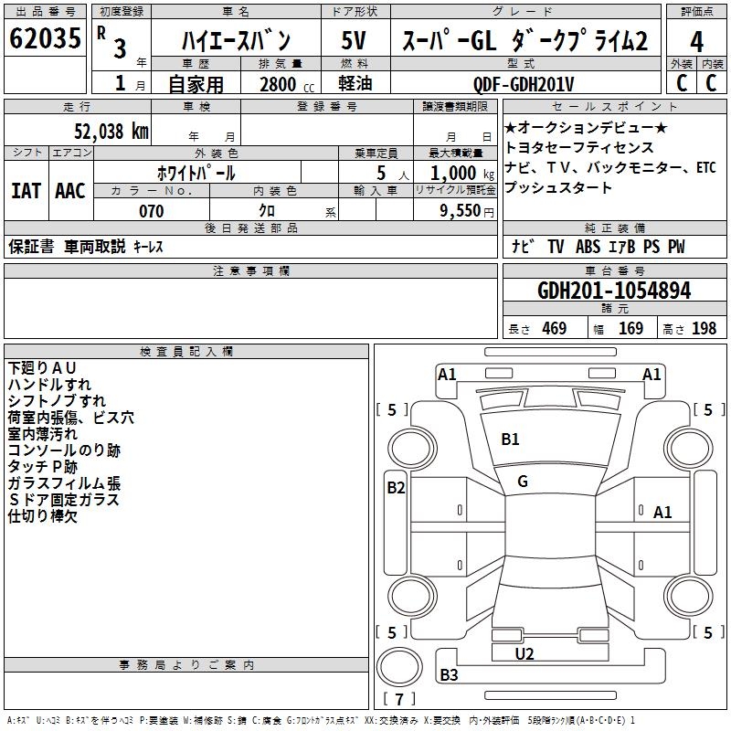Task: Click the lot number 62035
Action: [x=45, y=41]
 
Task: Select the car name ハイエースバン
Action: [x=235, y=41]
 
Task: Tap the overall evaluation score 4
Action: [x=696, y=41]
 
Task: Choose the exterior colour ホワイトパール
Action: [x=196, y=173]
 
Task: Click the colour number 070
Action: [x=151, y=211]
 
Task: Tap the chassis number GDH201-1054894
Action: [x=614, y=291]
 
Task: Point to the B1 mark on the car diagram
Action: [x=510, y=440]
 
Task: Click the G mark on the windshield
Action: [x=523, y=482]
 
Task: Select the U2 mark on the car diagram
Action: [x=524, y=654]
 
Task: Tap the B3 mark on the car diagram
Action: [x=450, y=675]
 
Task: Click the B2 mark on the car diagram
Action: [x=396, y=488]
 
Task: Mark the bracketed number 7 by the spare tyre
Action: [x=399, y=700]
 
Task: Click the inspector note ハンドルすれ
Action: [x=49, y=384]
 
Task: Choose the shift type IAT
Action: [x=26, y=191]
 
